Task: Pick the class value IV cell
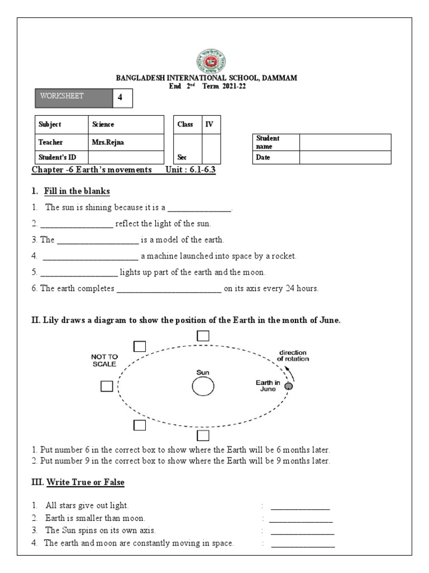(x=210, y=124)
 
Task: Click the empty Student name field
(x=345, y=142)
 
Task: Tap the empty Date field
(x=345, y=158)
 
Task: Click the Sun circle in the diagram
(x=202, y=386)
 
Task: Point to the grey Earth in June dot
(x=289, y=386)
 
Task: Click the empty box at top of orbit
(x=203, y=336)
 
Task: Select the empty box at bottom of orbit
(x=203, y=435)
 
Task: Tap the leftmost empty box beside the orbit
(x=107, y=386)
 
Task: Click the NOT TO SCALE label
(x=104, y=360)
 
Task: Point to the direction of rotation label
(x=293, y=355)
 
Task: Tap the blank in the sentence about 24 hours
(x=168, y=289)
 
